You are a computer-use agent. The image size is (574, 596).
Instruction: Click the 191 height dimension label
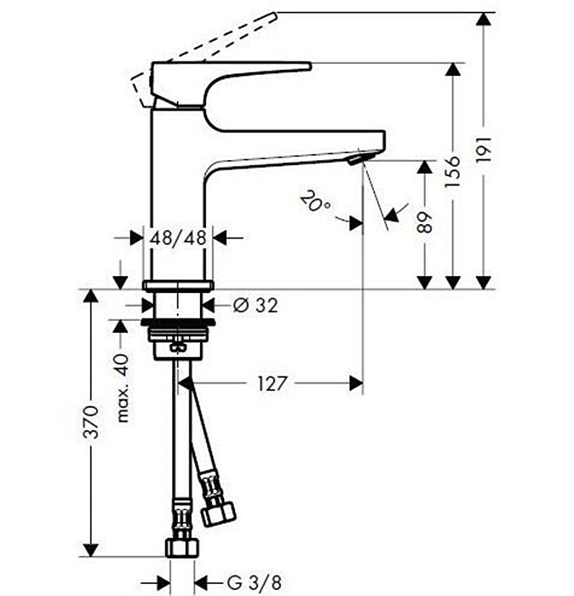[x=485, y=149]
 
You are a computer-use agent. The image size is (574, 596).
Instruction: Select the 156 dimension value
[x=453, y=171]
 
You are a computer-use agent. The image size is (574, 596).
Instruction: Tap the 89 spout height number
[x=425, y=222]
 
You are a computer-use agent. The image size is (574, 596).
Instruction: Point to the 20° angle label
[x=315, y=201]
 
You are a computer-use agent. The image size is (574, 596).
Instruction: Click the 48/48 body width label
[x=178, y=238]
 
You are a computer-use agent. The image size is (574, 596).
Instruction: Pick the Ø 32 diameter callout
[x=255, y=305]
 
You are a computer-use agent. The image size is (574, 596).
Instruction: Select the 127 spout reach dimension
[x=272, y=383]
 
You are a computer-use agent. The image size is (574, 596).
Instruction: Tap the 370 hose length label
[x=91, y=422]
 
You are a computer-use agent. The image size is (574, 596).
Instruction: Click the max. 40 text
[x=123, y=388]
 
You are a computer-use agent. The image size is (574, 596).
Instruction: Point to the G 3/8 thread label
[x=255, y=582]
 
